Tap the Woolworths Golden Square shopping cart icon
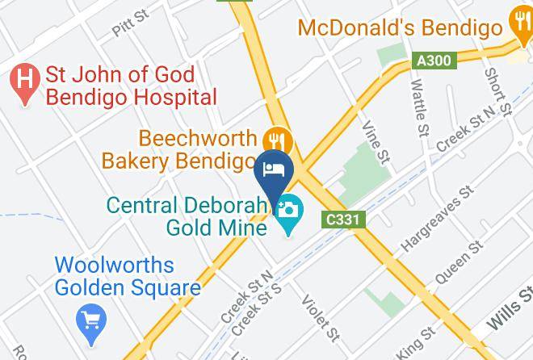coord(90,320)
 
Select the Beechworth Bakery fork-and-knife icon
coord(277,139)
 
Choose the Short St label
coord(493,86)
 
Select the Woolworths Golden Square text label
coord(128,276)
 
